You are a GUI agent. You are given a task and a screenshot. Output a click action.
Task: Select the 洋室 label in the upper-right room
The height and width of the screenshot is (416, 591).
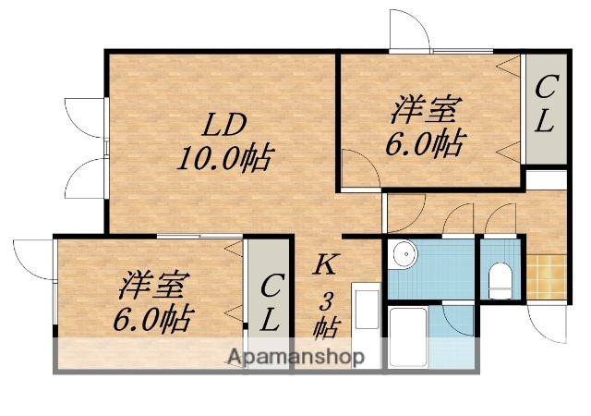[425, 112]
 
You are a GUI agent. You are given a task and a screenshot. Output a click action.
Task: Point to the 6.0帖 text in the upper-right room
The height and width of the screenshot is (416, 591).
[424, 144]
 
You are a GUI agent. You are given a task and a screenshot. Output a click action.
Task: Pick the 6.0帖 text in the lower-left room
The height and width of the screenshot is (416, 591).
[152, 319]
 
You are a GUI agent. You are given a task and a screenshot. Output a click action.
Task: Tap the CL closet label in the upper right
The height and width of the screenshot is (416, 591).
[545, 105]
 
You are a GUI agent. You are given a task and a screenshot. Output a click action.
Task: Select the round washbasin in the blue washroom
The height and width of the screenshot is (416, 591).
[401, 254]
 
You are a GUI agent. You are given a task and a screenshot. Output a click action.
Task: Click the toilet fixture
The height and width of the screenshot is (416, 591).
[500, 277]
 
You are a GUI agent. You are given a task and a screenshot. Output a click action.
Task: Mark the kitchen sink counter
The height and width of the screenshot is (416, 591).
[366, 328]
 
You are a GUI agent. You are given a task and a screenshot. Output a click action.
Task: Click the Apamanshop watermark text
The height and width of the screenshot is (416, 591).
[295, 356]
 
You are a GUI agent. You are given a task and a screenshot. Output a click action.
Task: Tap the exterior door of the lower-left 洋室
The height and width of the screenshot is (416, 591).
[35, 259]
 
